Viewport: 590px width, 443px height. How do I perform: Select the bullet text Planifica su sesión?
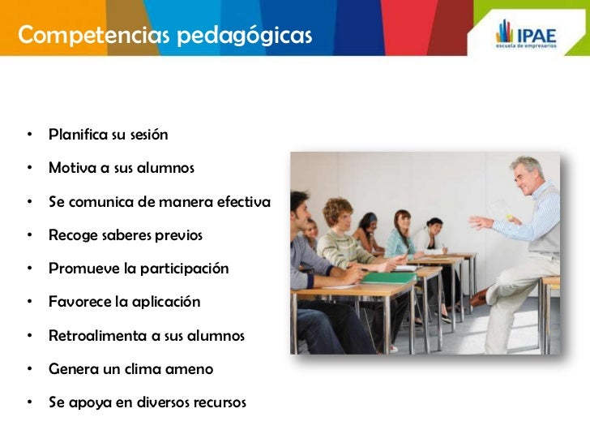click(x=108, y=134)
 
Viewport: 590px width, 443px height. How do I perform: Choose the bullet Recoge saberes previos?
click(x=125, y=235)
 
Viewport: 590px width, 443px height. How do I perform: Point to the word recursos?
click(x=216, y=402)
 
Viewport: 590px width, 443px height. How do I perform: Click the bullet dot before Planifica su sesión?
click(x=28, y=134)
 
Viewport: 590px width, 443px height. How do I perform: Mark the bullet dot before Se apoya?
click(x=28, y=402)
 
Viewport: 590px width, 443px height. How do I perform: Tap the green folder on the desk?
click(x=388, y=277)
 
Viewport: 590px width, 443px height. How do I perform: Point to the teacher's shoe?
click(x=480, y=298)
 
